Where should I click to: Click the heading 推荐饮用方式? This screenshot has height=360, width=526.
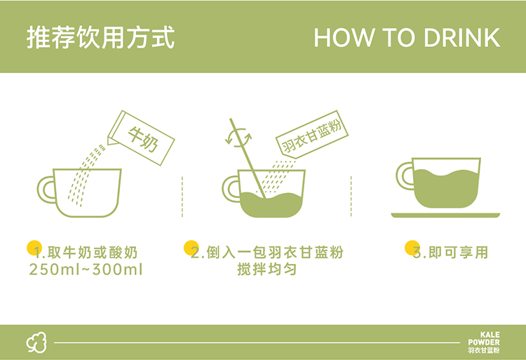pos(100,37)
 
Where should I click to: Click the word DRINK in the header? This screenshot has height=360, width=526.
pos(462,38)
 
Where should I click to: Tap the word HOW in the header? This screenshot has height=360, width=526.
pos(344,38)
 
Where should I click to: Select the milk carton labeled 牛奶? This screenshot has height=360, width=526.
pos(141,138)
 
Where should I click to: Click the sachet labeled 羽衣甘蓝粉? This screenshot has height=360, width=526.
pos(312,135)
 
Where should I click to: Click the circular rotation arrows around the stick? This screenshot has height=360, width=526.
pos(238,138)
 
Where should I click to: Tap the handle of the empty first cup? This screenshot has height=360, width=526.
pos(46,189)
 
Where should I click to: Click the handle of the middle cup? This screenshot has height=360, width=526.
pos(230,189)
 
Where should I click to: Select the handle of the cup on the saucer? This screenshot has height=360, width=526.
pos(404,176)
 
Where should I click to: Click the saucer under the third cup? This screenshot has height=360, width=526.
pos(445,215)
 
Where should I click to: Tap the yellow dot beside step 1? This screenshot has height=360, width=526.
pos(34,248)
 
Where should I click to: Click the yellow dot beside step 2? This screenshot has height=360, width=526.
pos(191,248)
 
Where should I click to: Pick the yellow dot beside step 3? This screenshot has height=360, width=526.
pos(412,248)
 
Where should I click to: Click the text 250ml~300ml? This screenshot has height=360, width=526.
pos(86,269)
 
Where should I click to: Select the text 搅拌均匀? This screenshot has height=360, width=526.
pos(267,269)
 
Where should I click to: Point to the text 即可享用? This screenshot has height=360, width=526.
pos(458,253)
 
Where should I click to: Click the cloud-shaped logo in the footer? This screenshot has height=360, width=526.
pos(36,342)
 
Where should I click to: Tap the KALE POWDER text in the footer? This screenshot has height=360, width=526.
pos(484,339)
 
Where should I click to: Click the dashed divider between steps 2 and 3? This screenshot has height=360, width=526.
pos(351,196)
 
